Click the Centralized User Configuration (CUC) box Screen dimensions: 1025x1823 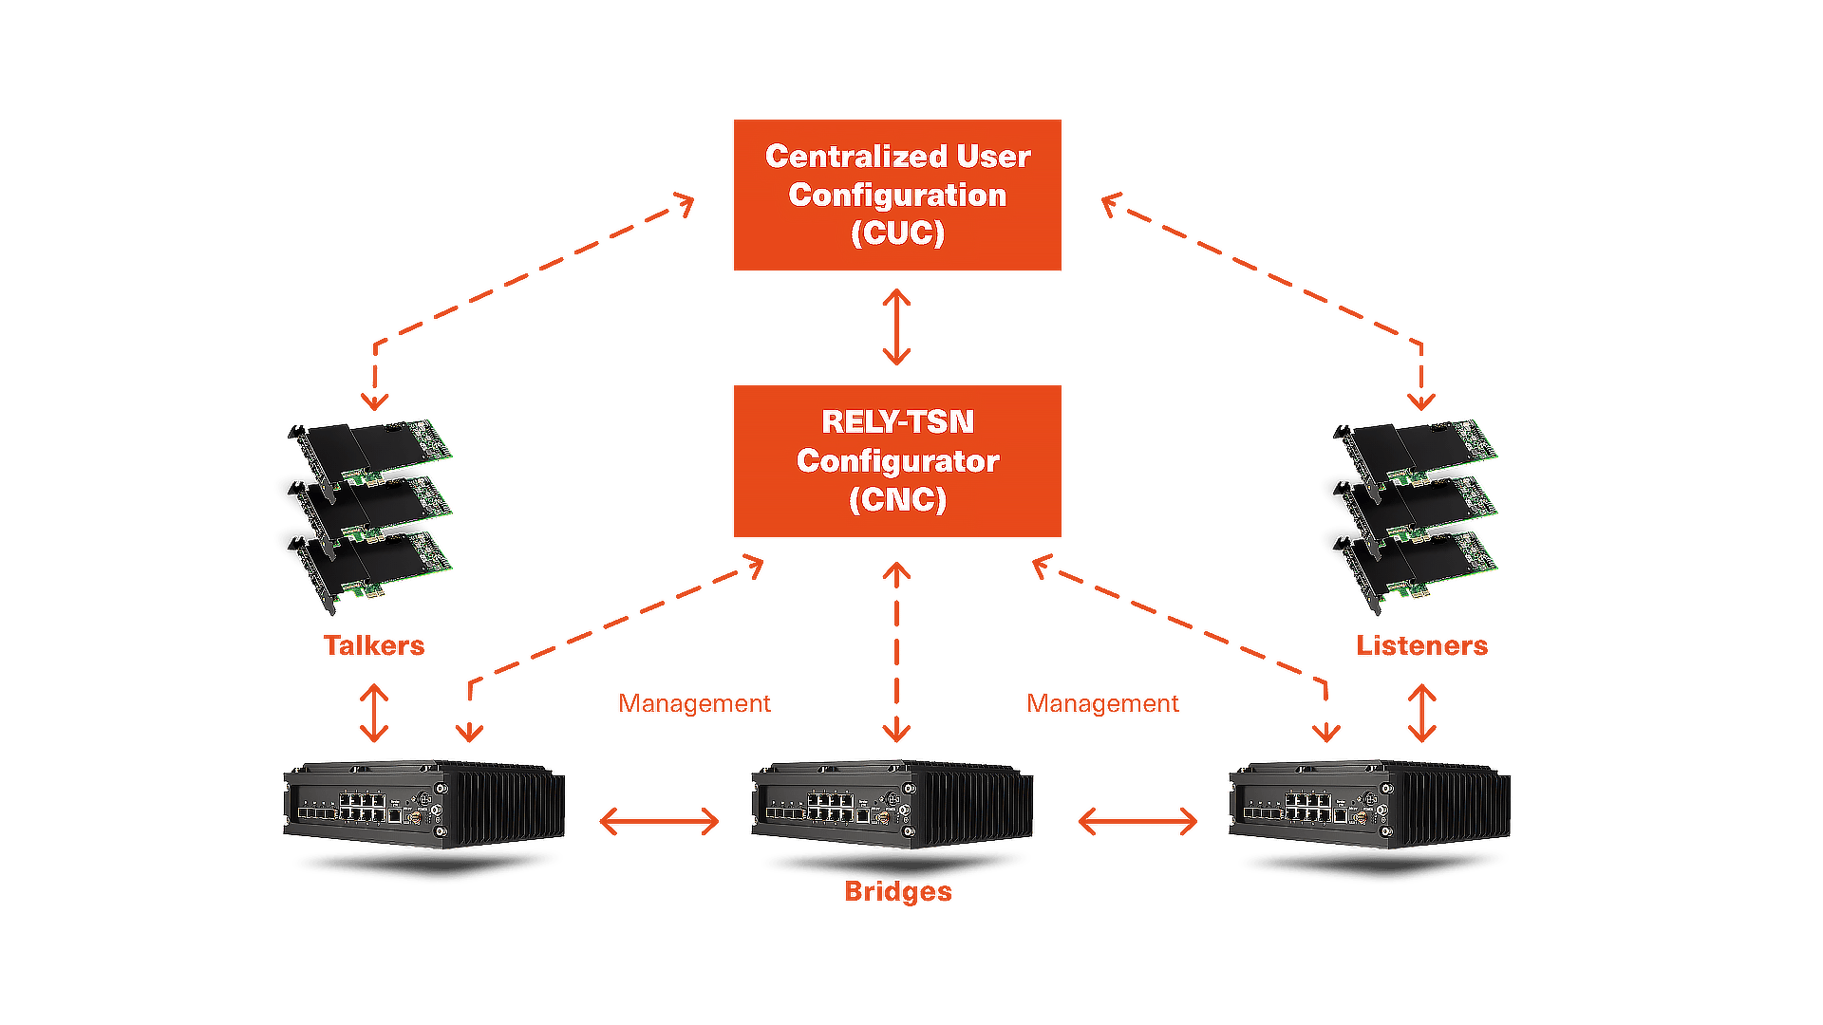897,195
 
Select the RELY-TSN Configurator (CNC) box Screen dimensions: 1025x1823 897,460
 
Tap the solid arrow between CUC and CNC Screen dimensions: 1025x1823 896,327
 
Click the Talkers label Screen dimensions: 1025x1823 374,645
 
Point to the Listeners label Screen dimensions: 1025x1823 1421,645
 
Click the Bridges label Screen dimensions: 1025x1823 897,892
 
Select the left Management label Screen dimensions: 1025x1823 694,703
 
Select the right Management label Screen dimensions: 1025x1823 1103,703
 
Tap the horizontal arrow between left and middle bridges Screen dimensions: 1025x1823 660,821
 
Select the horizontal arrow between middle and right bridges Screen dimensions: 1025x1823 1137,821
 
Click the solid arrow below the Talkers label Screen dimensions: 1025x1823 374,713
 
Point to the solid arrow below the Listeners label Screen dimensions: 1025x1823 1421,713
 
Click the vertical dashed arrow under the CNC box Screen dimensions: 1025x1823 896,651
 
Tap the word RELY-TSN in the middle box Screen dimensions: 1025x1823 897,421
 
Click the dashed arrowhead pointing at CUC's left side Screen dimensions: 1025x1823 684,202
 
